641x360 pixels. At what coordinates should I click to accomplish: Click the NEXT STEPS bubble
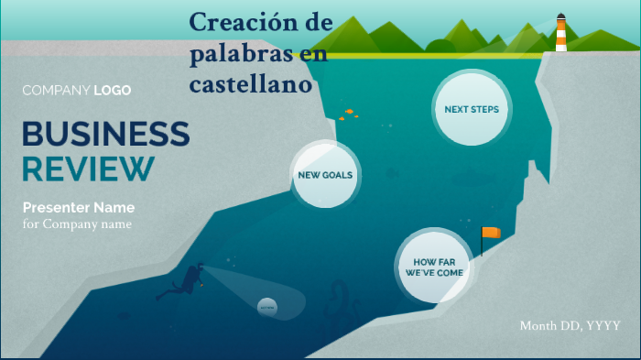[471, 109]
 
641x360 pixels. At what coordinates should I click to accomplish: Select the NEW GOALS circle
[325, 174]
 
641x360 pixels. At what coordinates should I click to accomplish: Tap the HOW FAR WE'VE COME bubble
[433, 267]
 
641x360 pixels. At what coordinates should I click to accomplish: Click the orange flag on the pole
[492, 233]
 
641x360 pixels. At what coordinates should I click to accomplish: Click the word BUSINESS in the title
[105, 134]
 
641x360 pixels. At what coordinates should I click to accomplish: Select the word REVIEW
[88, 169]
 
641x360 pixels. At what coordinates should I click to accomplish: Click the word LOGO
[112, 90]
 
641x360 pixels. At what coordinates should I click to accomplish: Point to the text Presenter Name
[78, 207]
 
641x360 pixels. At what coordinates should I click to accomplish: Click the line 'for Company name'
[77, 224]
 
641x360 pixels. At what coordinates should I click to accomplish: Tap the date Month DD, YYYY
[570, 325]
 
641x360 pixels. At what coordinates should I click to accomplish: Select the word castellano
[252, 84]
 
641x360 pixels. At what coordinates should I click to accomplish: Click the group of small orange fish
[347, 114]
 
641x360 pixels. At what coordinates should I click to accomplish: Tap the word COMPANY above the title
[56, 90]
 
